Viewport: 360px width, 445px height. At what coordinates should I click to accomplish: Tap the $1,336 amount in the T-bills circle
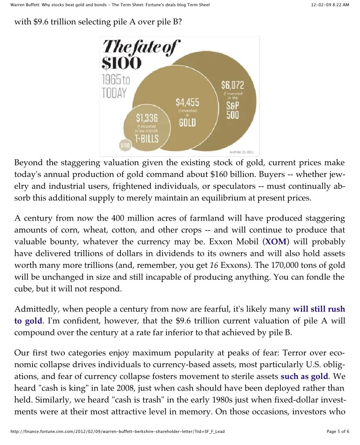point(147,117)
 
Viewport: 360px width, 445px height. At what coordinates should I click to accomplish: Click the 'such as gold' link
point(304,375)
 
